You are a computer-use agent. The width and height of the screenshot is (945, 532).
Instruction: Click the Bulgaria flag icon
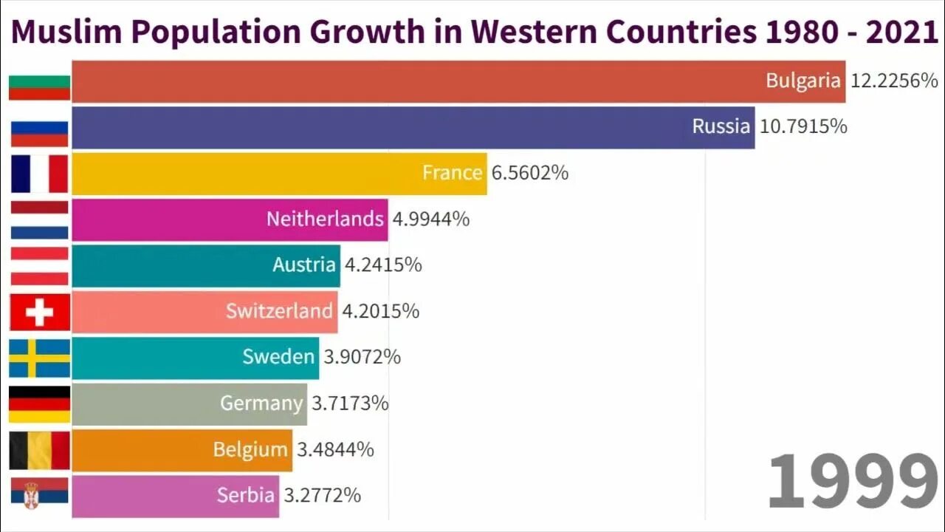39,87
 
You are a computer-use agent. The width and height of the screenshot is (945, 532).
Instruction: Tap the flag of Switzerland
39,312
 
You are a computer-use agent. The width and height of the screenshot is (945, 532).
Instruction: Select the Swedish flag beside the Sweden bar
39,358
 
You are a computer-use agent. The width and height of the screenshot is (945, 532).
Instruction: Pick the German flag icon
39,404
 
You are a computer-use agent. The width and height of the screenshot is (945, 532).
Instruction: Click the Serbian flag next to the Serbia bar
39,494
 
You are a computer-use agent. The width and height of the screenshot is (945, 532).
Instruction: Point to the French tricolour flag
39,174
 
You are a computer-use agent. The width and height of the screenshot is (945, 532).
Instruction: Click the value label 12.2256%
893,81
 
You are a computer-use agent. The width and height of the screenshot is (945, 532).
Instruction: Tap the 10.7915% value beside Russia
803,126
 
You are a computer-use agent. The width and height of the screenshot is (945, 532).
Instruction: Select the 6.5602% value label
529,173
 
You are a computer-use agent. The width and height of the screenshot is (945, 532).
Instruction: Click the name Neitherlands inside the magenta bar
325,219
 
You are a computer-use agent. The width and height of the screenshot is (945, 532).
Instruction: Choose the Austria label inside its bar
304,265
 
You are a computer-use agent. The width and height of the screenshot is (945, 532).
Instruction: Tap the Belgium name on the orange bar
250,449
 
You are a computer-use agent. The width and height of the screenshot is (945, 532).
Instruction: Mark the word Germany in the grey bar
261,403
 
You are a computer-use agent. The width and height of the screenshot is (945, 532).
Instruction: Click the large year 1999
852,481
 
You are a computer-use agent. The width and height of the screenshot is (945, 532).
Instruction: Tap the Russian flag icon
39,134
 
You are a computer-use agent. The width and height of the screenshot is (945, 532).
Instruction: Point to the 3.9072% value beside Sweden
362,357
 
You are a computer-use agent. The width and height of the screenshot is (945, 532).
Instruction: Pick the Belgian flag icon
39,450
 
